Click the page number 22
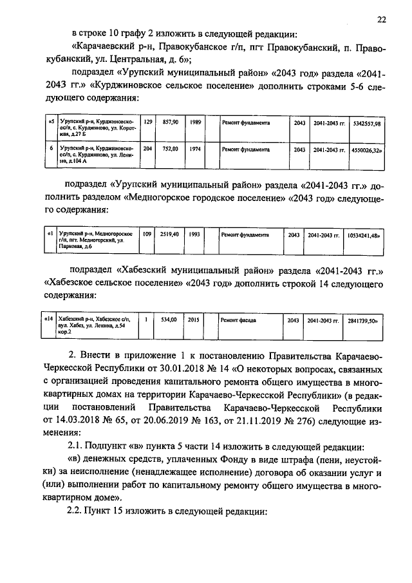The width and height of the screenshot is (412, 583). point(382,20)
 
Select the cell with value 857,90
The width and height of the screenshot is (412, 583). point(170,122)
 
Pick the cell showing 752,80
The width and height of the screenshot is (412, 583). point(170,148)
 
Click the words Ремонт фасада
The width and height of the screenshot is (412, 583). point(238,319)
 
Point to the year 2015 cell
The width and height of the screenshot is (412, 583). point(194,319)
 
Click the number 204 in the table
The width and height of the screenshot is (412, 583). point(147,148)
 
